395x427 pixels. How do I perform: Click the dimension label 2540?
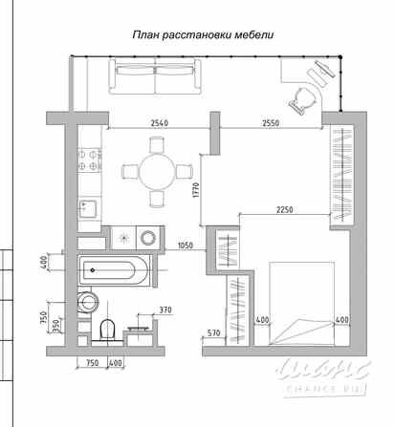tap(161, 122)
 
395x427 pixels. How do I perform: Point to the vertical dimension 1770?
tap(195, 195)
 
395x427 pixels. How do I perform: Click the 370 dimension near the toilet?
tap(165, 310)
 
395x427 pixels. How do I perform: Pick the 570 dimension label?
tap(215, 334)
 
